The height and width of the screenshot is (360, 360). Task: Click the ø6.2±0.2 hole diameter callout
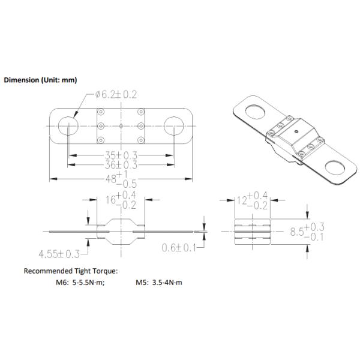116,95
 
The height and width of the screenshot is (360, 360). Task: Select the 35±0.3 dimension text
121,155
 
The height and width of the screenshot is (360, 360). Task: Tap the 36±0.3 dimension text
121,165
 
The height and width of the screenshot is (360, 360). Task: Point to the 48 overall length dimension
111,179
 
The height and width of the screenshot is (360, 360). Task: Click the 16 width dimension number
110,200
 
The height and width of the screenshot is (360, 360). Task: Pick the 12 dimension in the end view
242,200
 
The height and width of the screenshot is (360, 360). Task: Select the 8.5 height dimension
297,232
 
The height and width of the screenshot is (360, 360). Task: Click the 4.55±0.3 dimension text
59,254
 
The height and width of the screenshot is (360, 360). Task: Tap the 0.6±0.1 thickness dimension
179,248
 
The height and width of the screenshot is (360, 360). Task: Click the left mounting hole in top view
68,126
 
